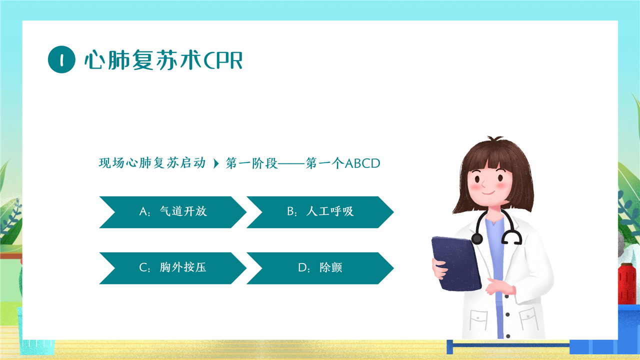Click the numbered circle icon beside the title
tap(61, 59)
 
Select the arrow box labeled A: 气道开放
tap(173, 212)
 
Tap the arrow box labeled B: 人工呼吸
tap(320, 212)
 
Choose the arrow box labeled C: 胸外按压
tap(173, 268)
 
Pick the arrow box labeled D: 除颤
tap(320, 268)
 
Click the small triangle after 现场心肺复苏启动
tap(216, 163)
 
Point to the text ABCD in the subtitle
tap(362, 163)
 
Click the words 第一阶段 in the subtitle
tap(251, 163)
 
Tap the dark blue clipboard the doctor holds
tap(456, 263)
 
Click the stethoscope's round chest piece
tap(477, 238)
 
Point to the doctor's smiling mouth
tap(488, 192)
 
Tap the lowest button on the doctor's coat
tap(508, 336)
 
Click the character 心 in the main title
tap(94, 60)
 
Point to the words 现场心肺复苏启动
tap(152, 163)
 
